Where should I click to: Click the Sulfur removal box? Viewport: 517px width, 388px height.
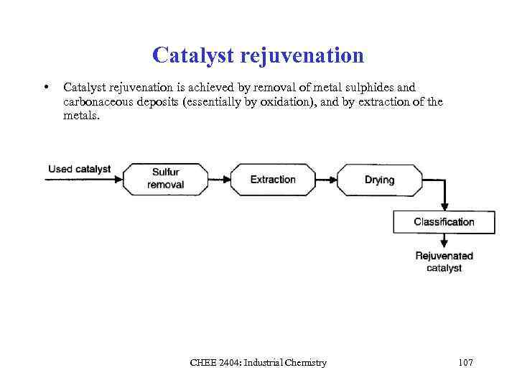tap(166, 179)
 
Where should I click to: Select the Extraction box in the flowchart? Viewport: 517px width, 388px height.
tap(273, 180)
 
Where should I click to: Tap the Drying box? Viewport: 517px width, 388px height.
tap(379, 180)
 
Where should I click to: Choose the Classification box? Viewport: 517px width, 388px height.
tap(444, 222)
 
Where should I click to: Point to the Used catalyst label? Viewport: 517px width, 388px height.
tap(80, 170)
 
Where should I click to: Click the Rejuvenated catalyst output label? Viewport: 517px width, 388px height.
tap(444, 262)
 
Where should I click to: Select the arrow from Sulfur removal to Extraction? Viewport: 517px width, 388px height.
tap(218, 180)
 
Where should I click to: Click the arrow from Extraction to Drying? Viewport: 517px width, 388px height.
tap(326, 180)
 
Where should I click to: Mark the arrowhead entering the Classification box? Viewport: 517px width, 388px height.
tap(444, 206)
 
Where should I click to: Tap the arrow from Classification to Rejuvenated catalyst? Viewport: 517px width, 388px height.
tap(444, 240)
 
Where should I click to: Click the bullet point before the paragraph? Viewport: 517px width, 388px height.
tap(46, 88)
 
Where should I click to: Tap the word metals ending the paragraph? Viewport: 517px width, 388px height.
tap(80, 115)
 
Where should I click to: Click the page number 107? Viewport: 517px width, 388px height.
tap(465, 363)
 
